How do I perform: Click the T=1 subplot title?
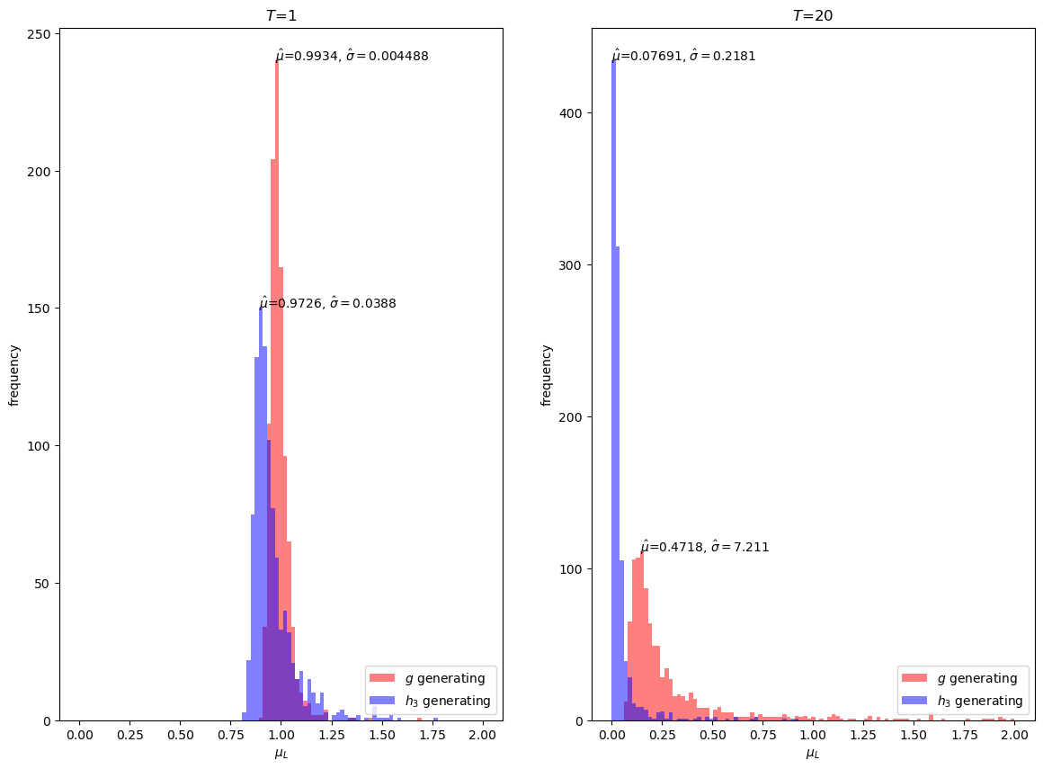click(x=281, y=15)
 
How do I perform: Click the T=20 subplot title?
click(x=813, y=15)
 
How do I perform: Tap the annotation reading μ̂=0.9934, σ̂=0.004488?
click(x=352, y=56)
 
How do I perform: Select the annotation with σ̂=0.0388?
click(x=328, y=303)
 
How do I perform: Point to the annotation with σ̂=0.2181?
click(x=684, y=56)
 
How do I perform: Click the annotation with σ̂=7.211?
click(x=705, y=547)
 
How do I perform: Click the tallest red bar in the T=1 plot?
click(x=277, y=387)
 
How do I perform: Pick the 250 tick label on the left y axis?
click(x=41, y=34)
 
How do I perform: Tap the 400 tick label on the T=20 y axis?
click(x=574, y=113)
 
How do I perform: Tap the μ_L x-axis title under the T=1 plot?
click(x=281, y=754)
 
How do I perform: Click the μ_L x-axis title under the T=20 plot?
click(x=813, y=754)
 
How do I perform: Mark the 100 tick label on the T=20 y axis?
click(x=574, y=569)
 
